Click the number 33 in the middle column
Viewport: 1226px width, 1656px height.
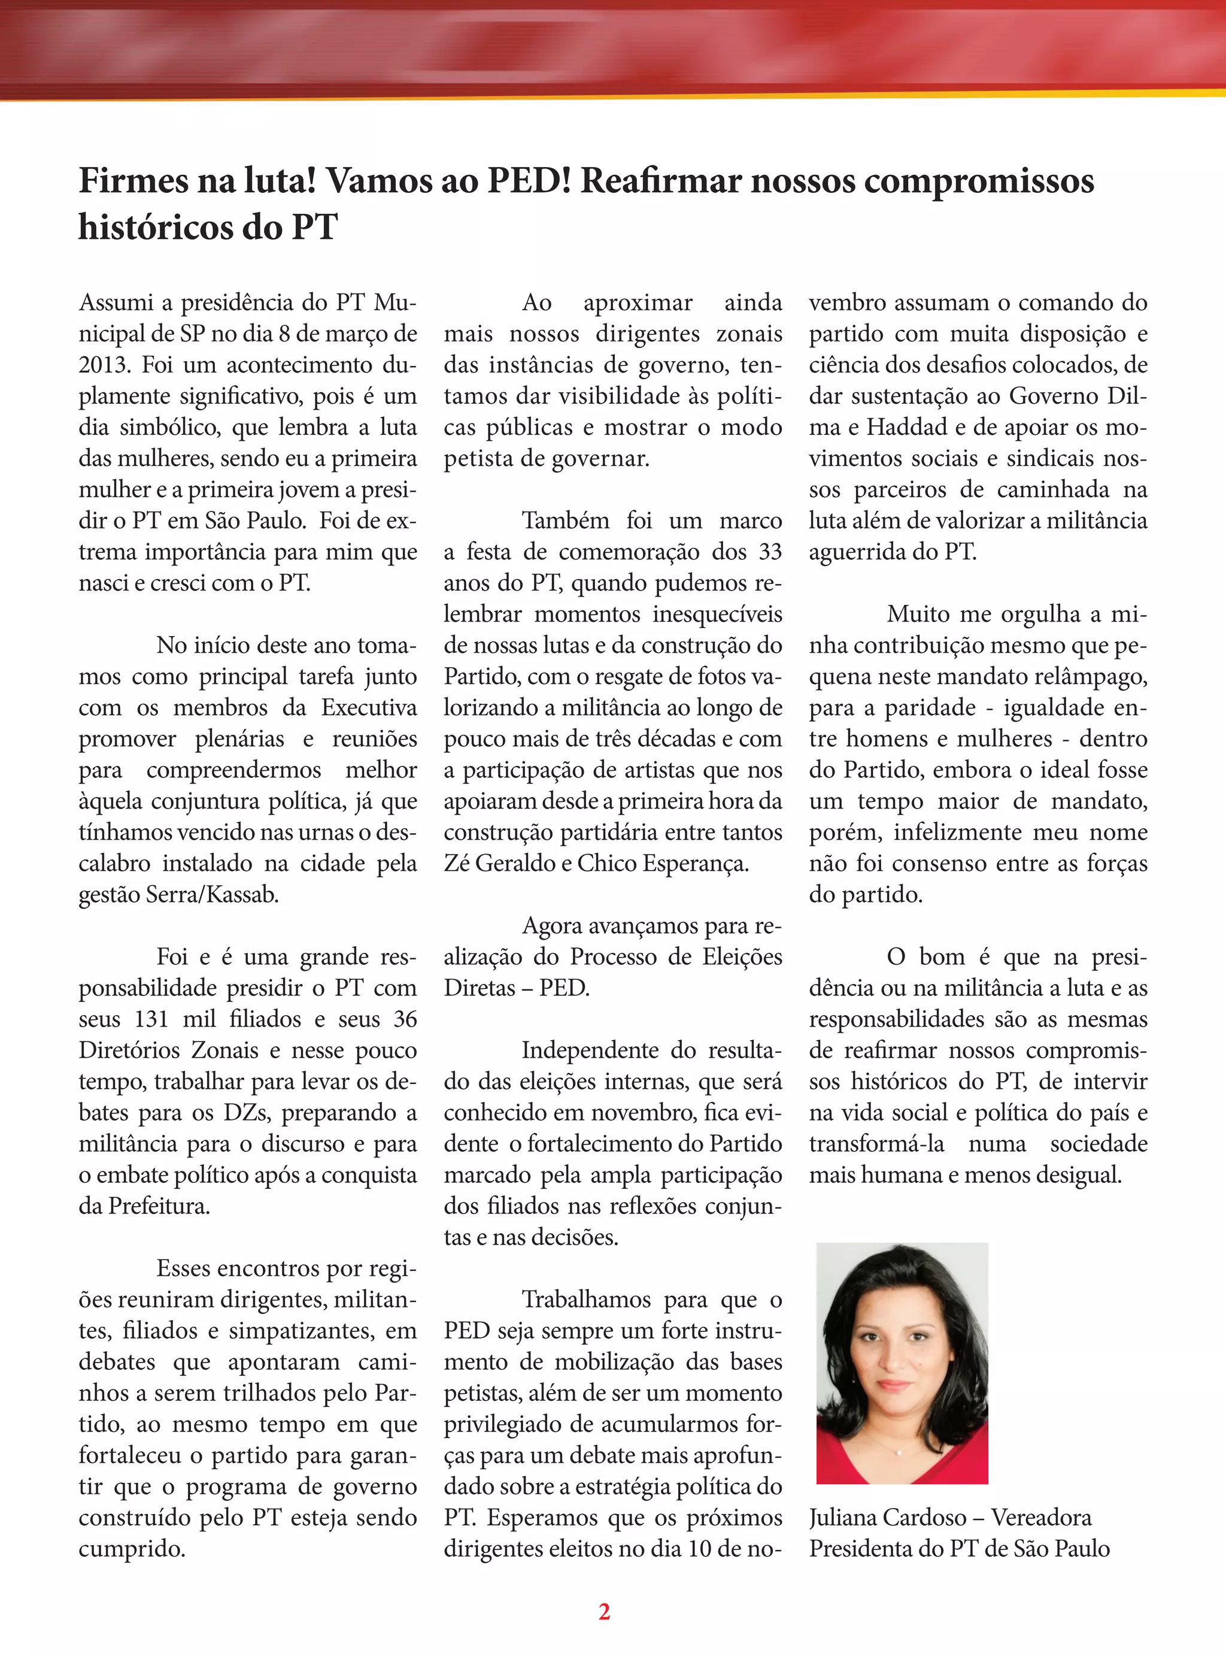[x=770, y=552]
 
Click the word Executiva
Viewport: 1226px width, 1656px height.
[x=369, y=708]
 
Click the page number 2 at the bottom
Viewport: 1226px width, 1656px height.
[x=604, y=1612]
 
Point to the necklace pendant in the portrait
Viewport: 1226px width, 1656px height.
[x=899, y=1452]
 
